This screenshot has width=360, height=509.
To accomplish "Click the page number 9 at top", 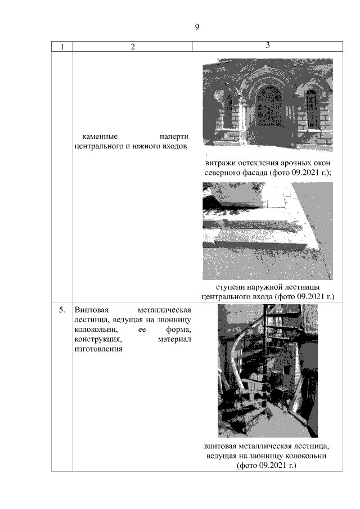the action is point(197,26).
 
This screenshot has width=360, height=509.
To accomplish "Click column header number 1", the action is point(62,47).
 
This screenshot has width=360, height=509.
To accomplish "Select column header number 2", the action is point(133,47).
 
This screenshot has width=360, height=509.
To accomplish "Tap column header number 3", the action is point(268,45).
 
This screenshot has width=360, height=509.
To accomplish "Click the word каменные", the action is point(100,136).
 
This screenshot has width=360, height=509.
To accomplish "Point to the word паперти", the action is point(174,136).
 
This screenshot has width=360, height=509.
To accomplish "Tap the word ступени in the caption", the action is point(230,287).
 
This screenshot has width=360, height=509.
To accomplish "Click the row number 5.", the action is point(62,310).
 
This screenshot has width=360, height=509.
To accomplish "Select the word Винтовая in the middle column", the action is point(92,310).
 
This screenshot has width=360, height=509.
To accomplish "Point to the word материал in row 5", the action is point(174,340).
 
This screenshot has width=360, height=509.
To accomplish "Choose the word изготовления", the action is point(98,349).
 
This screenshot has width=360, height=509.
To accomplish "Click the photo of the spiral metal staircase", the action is point(268,371).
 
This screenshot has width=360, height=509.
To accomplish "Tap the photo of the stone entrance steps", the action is point(268,231).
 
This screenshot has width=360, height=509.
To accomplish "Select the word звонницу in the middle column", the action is point(174,320).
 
